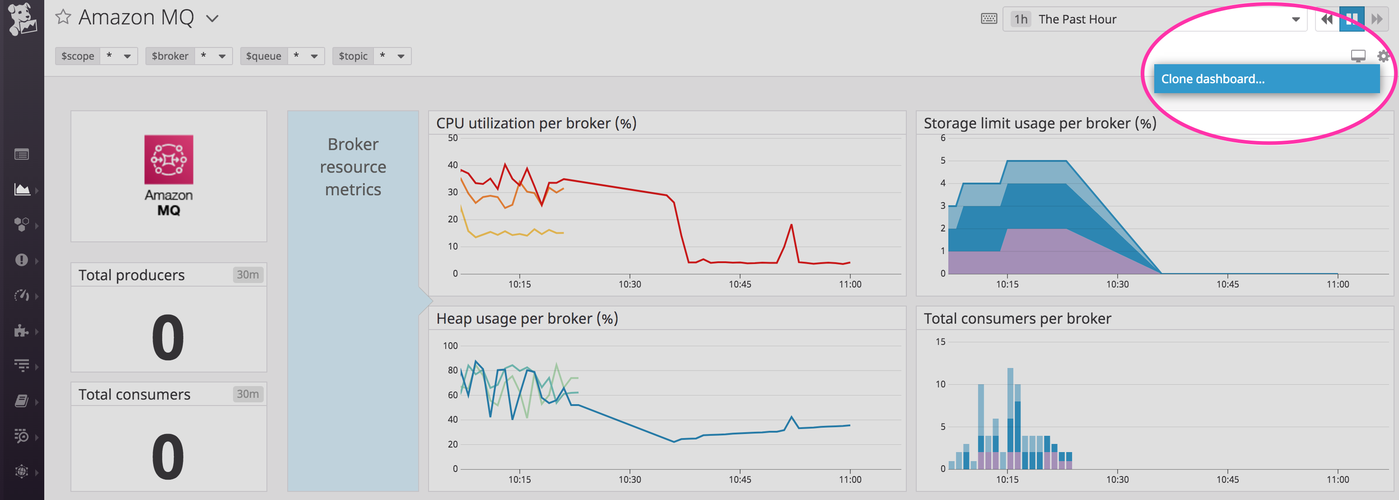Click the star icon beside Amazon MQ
[x=63, y=17]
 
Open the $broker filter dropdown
[x=222, y=56]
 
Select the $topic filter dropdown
[x=401, y=56]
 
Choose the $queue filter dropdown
[x=314, y=56]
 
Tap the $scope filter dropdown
[x=127, y=56]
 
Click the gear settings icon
[x=1383, y=56]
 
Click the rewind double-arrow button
[x=1327, y=19]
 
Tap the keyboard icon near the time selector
[x=989, y=19]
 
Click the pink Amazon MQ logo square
[x=168, y=159]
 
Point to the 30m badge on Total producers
[x=247, y=274]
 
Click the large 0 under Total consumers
[x=168, y=456]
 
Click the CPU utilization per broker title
[x=536, y=123]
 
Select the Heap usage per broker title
[x=527, y=318]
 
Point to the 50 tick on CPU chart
[x=452, y=138]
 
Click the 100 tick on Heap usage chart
[x=450, y=346]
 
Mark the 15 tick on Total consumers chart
[x=940, y=342]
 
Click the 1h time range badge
[x=1021, y=19]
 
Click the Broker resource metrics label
[x=353, y=167]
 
